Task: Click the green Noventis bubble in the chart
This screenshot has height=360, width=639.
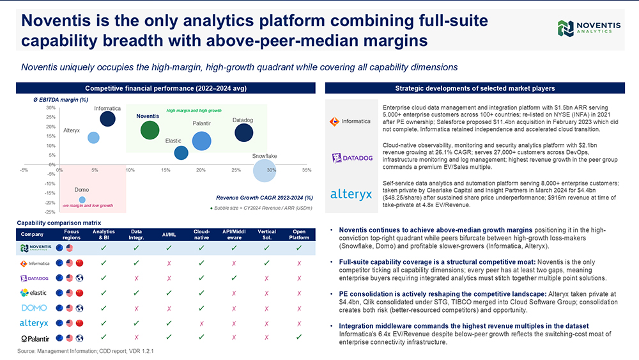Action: pyautogui.click(x=150, y=130)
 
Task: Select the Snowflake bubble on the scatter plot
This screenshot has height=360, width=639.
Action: pyautogui.click(x=265, y=171)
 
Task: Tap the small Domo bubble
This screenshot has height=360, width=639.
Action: pyautogui.click(x=82, y=200)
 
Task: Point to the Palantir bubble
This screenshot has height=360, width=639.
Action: pyautogui.click(x=201, y=141)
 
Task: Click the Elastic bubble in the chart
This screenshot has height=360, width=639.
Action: pyautogui.click(x=181, y=153)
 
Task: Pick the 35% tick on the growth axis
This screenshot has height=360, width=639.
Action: pyautogui.click(x=307, y=170)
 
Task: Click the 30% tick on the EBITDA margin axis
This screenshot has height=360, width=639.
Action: pyautogui.click(x=50, y=107)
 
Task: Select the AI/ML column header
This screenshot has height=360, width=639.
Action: pyautogui.click(x=169, y=235)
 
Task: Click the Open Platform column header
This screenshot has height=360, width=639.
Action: pyautogui.click(x=299, y=235)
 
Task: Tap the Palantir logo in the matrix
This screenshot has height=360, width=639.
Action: pyautogui.click(x=35, y=338)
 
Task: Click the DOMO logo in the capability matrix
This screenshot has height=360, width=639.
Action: pyautogui.click(x=34, y=308)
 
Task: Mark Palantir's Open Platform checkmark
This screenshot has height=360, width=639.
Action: pyautogui.click(x=299, y=337)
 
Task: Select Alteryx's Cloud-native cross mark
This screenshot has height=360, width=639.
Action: pyautogui.click(x=201, y=324)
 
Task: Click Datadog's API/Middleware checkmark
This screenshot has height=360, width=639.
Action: pyautogui.click(x=234, y=278)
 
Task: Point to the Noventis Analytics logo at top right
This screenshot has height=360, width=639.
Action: pyautogui.click(x=589, y=28)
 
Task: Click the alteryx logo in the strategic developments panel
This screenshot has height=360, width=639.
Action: pyautogui.click(x=351, y=194)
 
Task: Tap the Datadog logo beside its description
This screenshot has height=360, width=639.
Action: pyautogui.click(x=352, y=158)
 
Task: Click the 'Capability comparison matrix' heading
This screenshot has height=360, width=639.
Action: pyautogui.click(x=59, y=223)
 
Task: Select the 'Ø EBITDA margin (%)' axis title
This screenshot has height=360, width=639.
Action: pyautogui.click(x=61, y=100)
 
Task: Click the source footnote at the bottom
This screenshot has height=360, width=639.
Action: pyautogui.click(x=85, y=351)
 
